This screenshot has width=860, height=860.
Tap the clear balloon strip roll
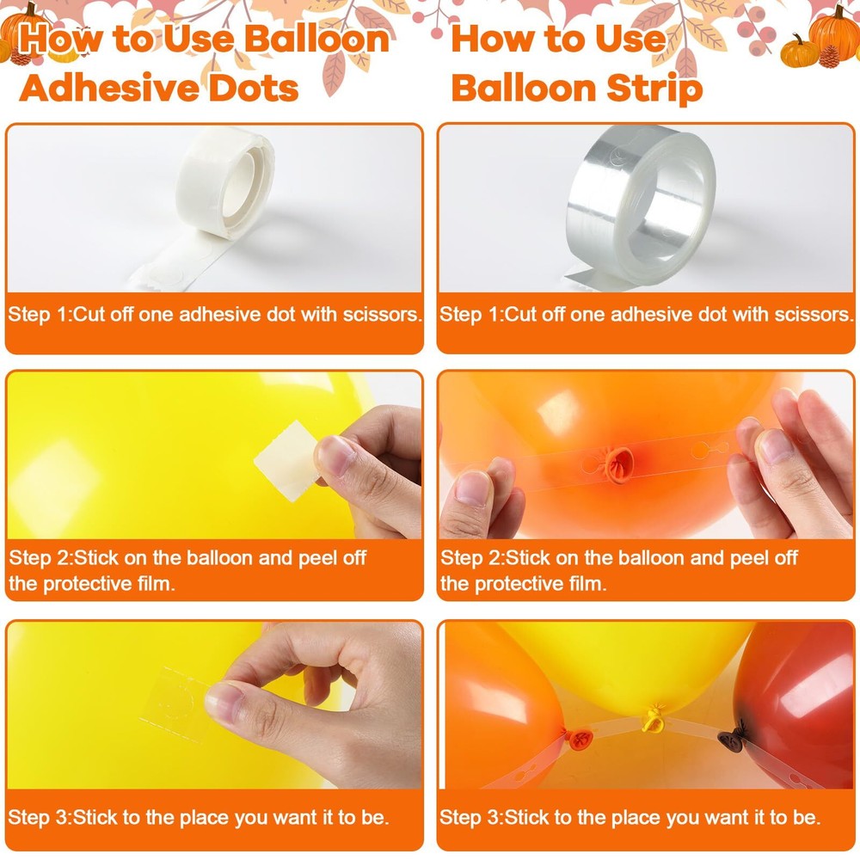tap(641, 203)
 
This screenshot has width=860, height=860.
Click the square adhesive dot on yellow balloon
tap(286, 461)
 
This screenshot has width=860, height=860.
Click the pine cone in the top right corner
tap(829, 57)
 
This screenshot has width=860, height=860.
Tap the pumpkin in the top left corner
tap(22, 30)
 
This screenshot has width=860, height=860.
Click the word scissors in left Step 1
tap(383, 314)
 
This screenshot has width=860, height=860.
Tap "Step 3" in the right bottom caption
tap(470, 818)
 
